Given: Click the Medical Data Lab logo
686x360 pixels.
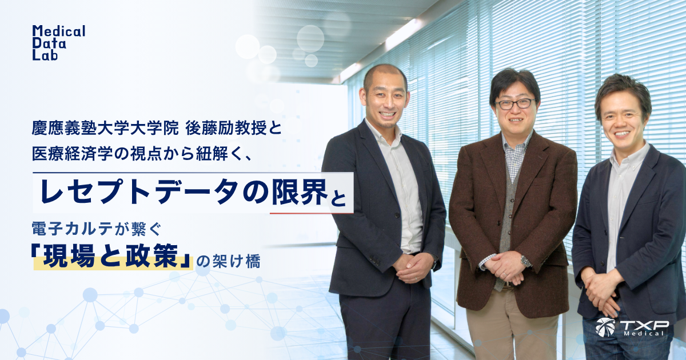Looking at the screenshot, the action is click(x=58, y=42).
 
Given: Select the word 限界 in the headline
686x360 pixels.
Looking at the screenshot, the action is click(x=299, y=191).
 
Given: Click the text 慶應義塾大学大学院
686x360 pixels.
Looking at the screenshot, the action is click(x=105, y=129).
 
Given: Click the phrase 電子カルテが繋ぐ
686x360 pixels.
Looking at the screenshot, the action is click(x=97, y=229).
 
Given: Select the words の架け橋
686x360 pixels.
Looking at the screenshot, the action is click(x=229, y=262).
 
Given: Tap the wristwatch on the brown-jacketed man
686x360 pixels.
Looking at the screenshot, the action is click(x=525, y=261).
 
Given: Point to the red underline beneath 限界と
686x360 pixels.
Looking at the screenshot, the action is click(x=312, y=213).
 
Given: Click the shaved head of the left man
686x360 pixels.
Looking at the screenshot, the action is click(x=385, y=75).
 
